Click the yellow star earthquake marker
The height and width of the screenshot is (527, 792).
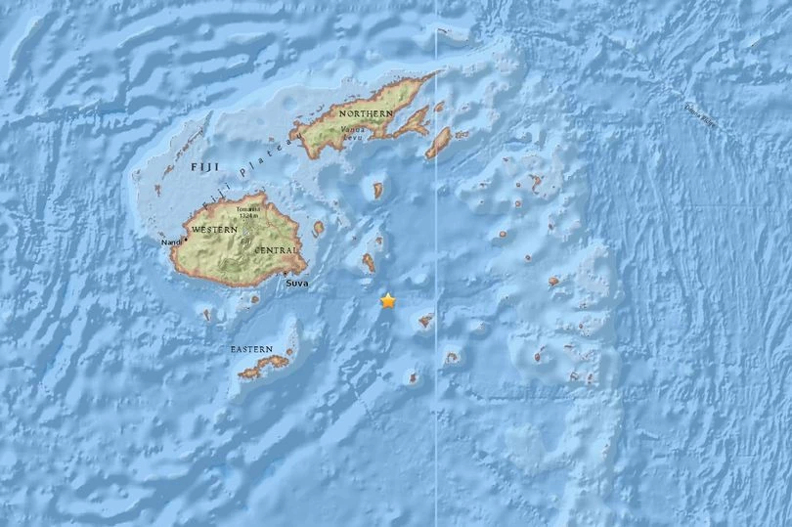[388, 301]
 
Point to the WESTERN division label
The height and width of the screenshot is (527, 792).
[214, 229]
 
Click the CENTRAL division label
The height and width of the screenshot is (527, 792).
[276, 251]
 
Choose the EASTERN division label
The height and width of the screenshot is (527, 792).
[252, 348]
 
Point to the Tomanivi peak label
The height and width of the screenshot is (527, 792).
[247, 208]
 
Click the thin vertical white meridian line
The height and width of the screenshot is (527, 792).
[435, 391]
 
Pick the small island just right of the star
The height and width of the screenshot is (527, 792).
[425, 320]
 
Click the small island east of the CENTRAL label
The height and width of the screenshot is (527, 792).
[318, 228]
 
